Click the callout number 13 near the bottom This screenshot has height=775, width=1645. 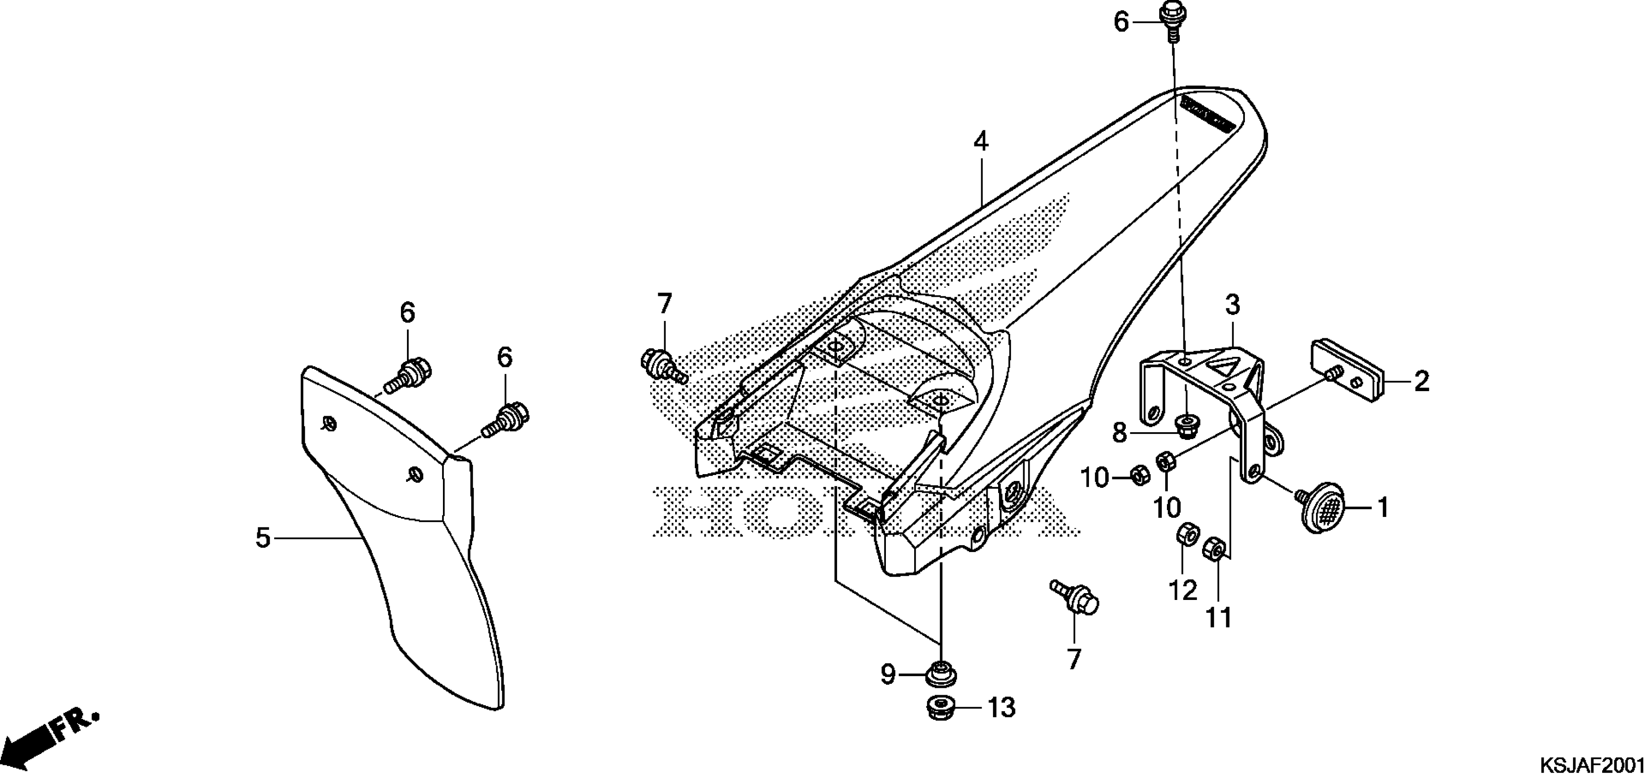click(1001, 708)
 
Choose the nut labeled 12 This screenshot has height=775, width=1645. click(1187, 534)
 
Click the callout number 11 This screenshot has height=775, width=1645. click(1218, 618)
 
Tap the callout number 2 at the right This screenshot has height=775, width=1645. click(1421, 382)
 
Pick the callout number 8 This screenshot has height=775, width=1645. click(1120, 434)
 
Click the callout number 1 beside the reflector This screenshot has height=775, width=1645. click(1383, 508)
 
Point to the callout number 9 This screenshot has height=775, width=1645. click(888, 674)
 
